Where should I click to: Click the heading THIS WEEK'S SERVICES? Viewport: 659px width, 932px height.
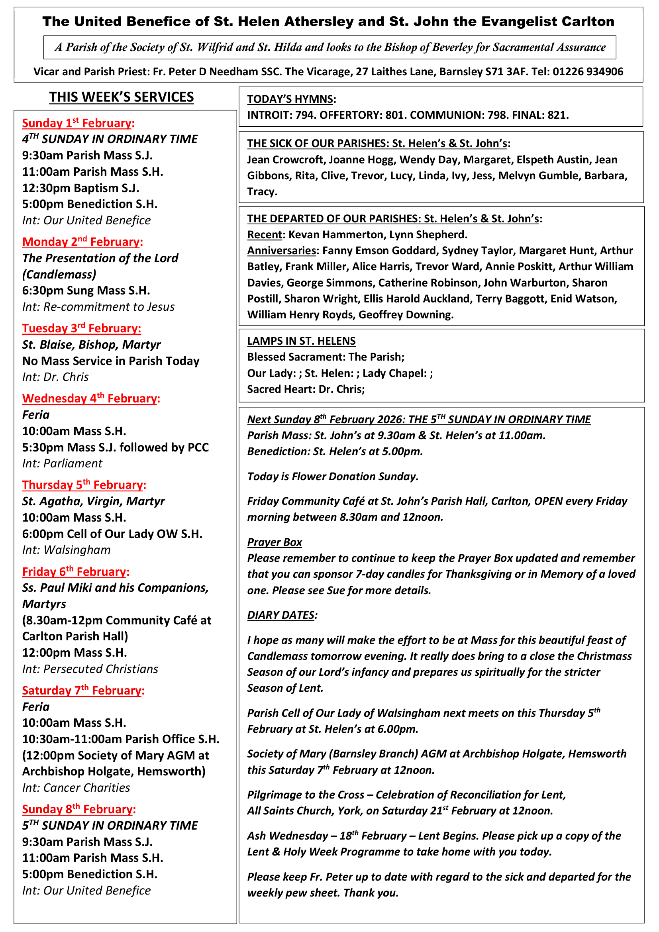point(122,97)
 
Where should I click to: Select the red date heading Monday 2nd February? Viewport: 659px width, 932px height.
point(82,242)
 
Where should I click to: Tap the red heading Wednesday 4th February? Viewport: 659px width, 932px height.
point(91,398)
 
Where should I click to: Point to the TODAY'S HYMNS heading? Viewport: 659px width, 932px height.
point(290,100)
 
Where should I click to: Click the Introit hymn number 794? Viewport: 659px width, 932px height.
point(304,115)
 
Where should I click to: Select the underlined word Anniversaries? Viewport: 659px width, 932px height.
point(281,251)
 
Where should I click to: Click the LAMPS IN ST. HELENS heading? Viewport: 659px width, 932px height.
point(301,341)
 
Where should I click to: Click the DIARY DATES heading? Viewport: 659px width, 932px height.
point(281,615)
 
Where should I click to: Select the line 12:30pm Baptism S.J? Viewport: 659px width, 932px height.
point(81,188)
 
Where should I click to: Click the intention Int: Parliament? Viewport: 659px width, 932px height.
point(62,463)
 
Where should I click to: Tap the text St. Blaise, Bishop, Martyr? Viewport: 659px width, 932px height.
point(91,345)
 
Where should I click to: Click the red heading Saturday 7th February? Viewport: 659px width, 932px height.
point(83,691)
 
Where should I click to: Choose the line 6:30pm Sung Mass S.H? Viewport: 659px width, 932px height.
point(86,290)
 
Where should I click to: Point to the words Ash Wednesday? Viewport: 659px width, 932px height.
point(287,836)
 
